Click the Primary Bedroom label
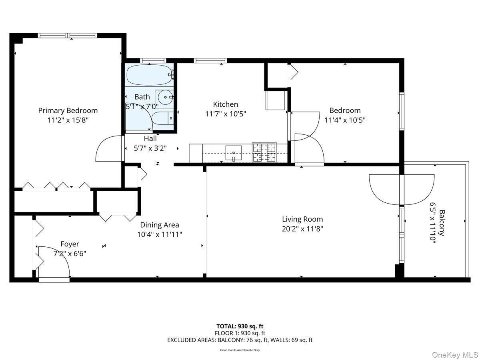68,110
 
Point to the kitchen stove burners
264,152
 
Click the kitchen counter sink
234,152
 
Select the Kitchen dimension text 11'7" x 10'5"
225,114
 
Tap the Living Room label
302,219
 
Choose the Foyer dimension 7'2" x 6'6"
70,253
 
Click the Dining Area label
159,225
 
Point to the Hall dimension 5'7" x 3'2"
150,148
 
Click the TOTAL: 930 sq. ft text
240,326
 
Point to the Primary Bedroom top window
68,36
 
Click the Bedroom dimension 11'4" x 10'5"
345,120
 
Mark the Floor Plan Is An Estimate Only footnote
240,350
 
